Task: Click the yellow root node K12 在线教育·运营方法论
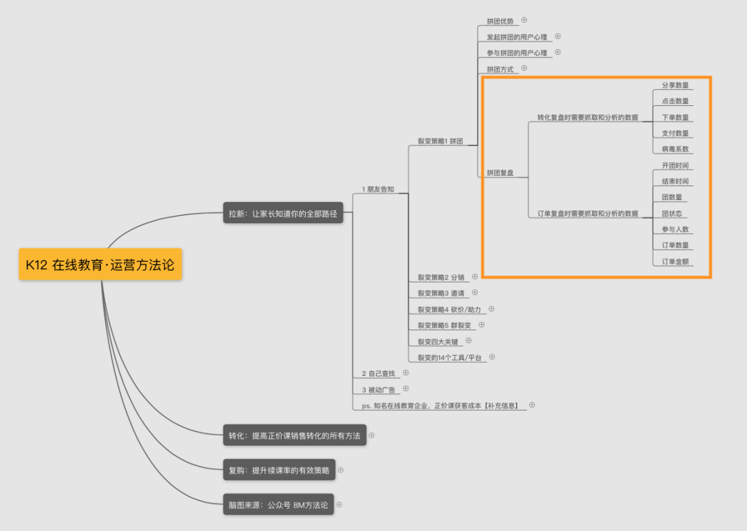[100, 264]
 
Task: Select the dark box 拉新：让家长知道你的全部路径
[283, 214]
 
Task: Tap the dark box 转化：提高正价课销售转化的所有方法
[294, 435]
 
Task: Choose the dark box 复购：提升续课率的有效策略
[279, 470]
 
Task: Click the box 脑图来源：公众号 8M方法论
[278, 505]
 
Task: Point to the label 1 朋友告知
[378, 189]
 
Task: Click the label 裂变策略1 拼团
[440, 141]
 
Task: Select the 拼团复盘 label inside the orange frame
[500, 173]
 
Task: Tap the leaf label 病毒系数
[675, 149]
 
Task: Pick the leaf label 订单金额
[675, 262]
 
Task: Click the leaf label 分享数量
[675, 85]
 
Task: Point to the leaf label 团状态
[672, 213]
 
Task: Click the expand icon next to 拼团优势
[524, 20]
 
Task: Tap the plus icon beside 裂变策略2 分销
[475, 276]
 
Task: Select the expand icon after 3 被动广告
[406, 389]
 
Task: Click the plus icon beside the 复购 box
[340, 470]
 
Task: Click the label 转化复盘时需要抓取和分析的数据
[587, 118]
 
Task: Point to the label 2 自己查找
[378, 373]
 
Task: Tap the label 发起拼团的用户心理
[517, 37]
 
